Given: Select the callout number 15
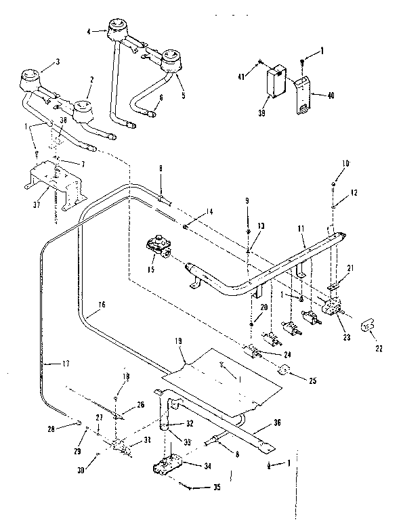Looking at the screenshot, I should tap(152, 270).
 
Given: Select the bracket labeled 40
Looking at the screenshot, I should tap(302, 95).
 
